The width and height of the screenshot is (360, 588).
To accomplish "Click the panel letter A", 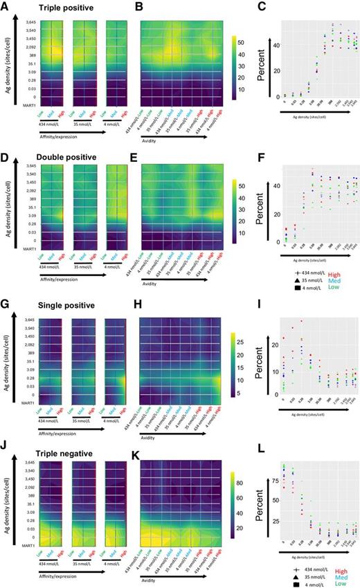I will (x=5, y=8).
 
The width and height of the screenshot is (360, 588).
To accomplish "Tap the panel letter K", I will (x=138, y=444).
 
